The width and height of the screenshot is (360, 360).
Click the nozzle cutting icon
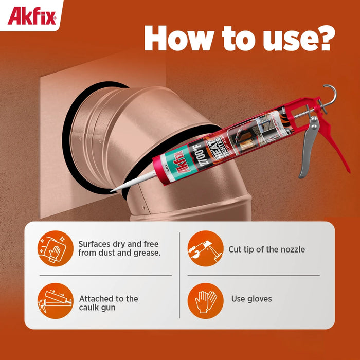[x=205, y=248]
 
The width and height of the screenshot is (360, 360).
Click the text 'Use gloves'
[x=251, y=299]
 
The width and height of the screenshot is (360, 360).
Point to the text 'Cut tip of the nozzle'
[x=266, y=249]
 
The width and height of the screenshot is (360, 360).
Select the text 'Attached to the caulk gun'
[x=109, y=303]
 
